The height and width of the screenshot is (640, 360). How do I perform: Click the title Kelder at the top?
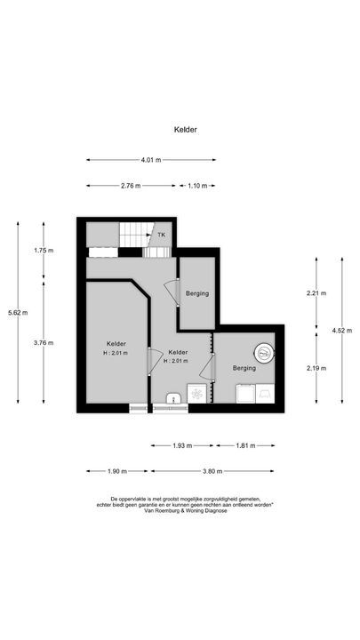tap(185, 129)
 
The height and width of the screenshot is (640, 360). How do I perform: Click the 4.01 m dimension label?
tap(151, 160)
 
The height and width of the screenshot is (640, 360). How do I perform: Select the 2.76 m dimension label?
tap(131, 186)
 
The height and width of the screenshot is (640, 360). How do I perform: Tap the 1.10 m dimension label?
tap(197, 186)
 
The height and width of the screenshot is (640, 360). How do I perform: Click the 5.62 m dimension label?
tap(17, 313)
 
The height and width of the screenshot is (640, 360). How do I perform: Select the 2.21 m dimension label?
tap(316, 293)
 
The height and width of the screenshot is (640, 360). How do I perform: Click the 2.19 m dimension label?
tap(316, 368)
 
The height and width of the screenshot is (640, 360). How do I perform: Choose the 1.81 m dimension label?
tap(248, 445)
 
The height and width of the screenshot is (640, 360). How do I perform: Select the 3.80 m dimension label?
tap(212, 471)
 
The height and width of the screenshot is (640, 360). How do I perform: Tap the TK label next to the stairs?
tap(161, 235)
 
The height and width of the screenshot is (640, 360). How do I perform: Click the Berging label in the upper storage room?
tap(197, 293)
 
